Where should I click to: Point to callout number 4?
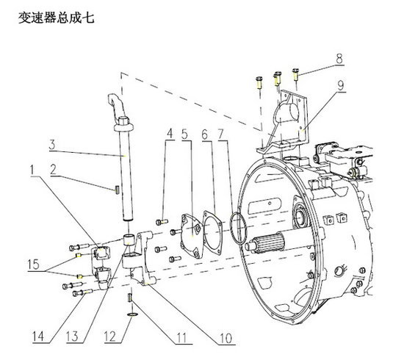(x=169, y=134)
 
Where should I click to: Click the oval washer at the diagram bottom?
(x=131, y=314)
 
